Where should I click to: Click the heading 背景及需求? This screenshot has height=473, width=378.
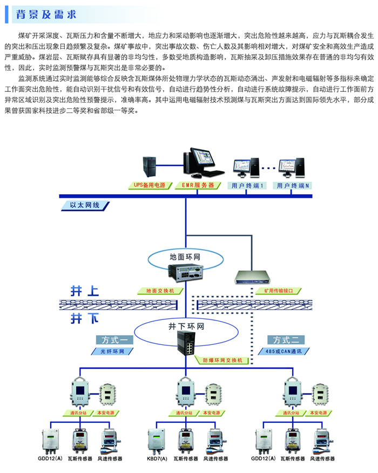click(46, 15)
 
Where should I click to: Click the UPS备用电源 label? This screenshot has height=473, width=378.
click(150, 185)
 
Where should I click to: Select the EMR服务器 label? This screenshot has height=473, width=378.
click(198, 185)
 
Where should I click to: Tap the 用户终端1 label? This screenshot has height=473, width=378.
click(247, 185)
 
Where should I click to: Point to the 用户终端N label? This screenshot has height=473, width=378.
click(292, 185)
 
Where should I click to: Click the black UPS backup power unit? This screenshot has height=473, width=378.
click(150, 166)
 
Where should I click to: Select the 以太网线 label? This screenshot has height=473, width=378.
click(85, 205)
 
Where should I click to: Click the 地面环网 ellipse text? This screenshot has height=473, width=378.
click(185, 257)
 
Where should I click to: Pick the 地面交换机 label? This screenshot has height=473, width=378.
click(160, 291)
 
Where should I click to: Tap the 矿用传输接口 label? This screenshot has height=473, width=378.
click(278, 291)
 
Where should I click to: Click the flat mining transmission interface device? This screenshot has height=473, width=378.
click(253, 277)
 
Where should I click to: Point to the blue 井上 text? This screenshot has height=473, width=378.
click(85, 291)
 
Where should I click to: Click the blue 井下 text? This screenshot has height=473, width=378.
click(85, 318)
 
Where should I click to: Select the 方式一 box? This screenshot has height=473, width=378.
click(114, 340)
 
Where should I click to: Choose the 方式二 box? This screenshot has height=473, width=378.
click(286, 340)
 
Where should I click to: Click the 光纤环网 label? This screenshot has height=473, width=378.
click(112, 351)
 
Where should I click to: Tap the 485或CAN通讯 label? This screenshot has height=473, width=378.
click(283, 351)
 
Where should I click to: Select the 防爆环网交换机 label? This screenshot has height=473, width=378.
click(222, 360)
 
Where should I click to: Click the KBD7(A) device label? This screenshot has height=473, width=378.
click(157, 458)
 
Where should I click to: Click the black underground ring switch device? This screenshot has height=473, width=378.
click(186, 343)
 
